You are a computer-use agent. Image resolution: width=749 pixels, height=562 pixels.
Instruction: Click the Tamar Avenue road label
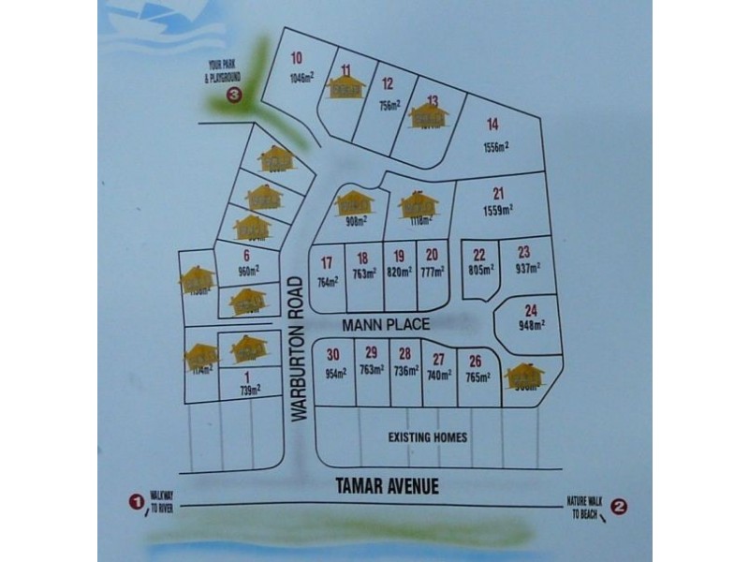tap(387, 486)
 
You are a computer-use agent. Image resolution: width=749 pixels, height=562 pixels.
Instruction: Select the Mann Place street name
tap(387, 325)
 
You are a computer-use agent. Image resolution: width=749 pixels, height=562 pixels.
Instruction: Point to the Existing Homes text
tap(428, 437)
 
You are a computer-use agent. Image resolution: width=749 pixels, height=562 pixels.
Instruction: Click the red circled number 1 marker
tap(137, 503)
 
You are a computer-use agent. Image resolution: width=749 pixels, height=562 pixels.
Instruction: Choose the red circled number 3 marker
tap(234, 94)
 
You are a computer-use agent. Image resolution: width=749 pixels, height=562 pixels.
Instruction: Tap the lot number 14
tap(493, 124)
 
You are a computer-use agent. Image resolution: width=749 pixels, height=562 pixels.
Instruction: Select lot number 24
tap(531, 311)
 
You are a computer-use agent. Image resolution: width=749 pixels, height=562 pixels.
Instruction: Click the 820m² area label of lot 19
tap(399, 273)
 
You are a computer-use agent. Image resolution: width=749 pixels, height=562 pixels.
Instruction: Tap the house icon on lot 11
tap(345, 85)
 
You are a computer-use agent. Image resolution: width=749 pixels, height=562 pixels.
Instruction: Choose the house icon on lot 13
tap(430, 116)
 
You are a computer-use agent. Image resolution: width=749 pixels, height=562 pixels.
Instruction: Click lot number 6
tap(246, 256)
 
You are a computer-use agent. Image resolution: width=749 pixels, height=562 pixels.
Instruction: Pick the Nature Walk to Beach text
tap(583, 507)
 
